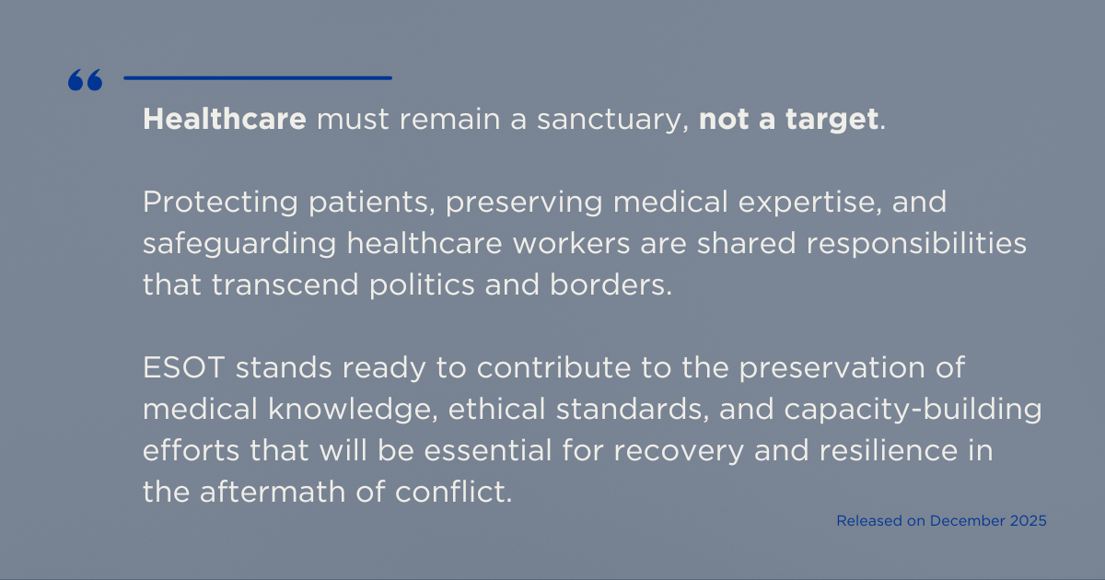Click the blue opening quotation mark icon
pos(86,80)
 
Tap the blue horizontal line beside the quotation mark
pos(258,78)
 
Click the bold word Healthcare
pos(225,119)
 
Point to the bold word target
pos(832,121)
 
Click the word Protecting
pos(220,203)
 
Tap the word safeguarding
pos(239,244)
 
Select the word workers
pos(571,244)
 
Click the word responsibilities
pos(916,244)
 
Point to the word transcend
pos(285,285)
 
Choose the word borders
pos(611,285)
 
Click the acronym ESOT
pos(184,368)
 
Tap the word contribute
pos(553,368)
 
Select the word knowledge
pos(353,410)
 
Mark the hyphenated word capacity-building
pos(913,411)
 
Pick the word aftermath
pos(273,493)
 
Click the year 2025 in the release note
pos(1028,521)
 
